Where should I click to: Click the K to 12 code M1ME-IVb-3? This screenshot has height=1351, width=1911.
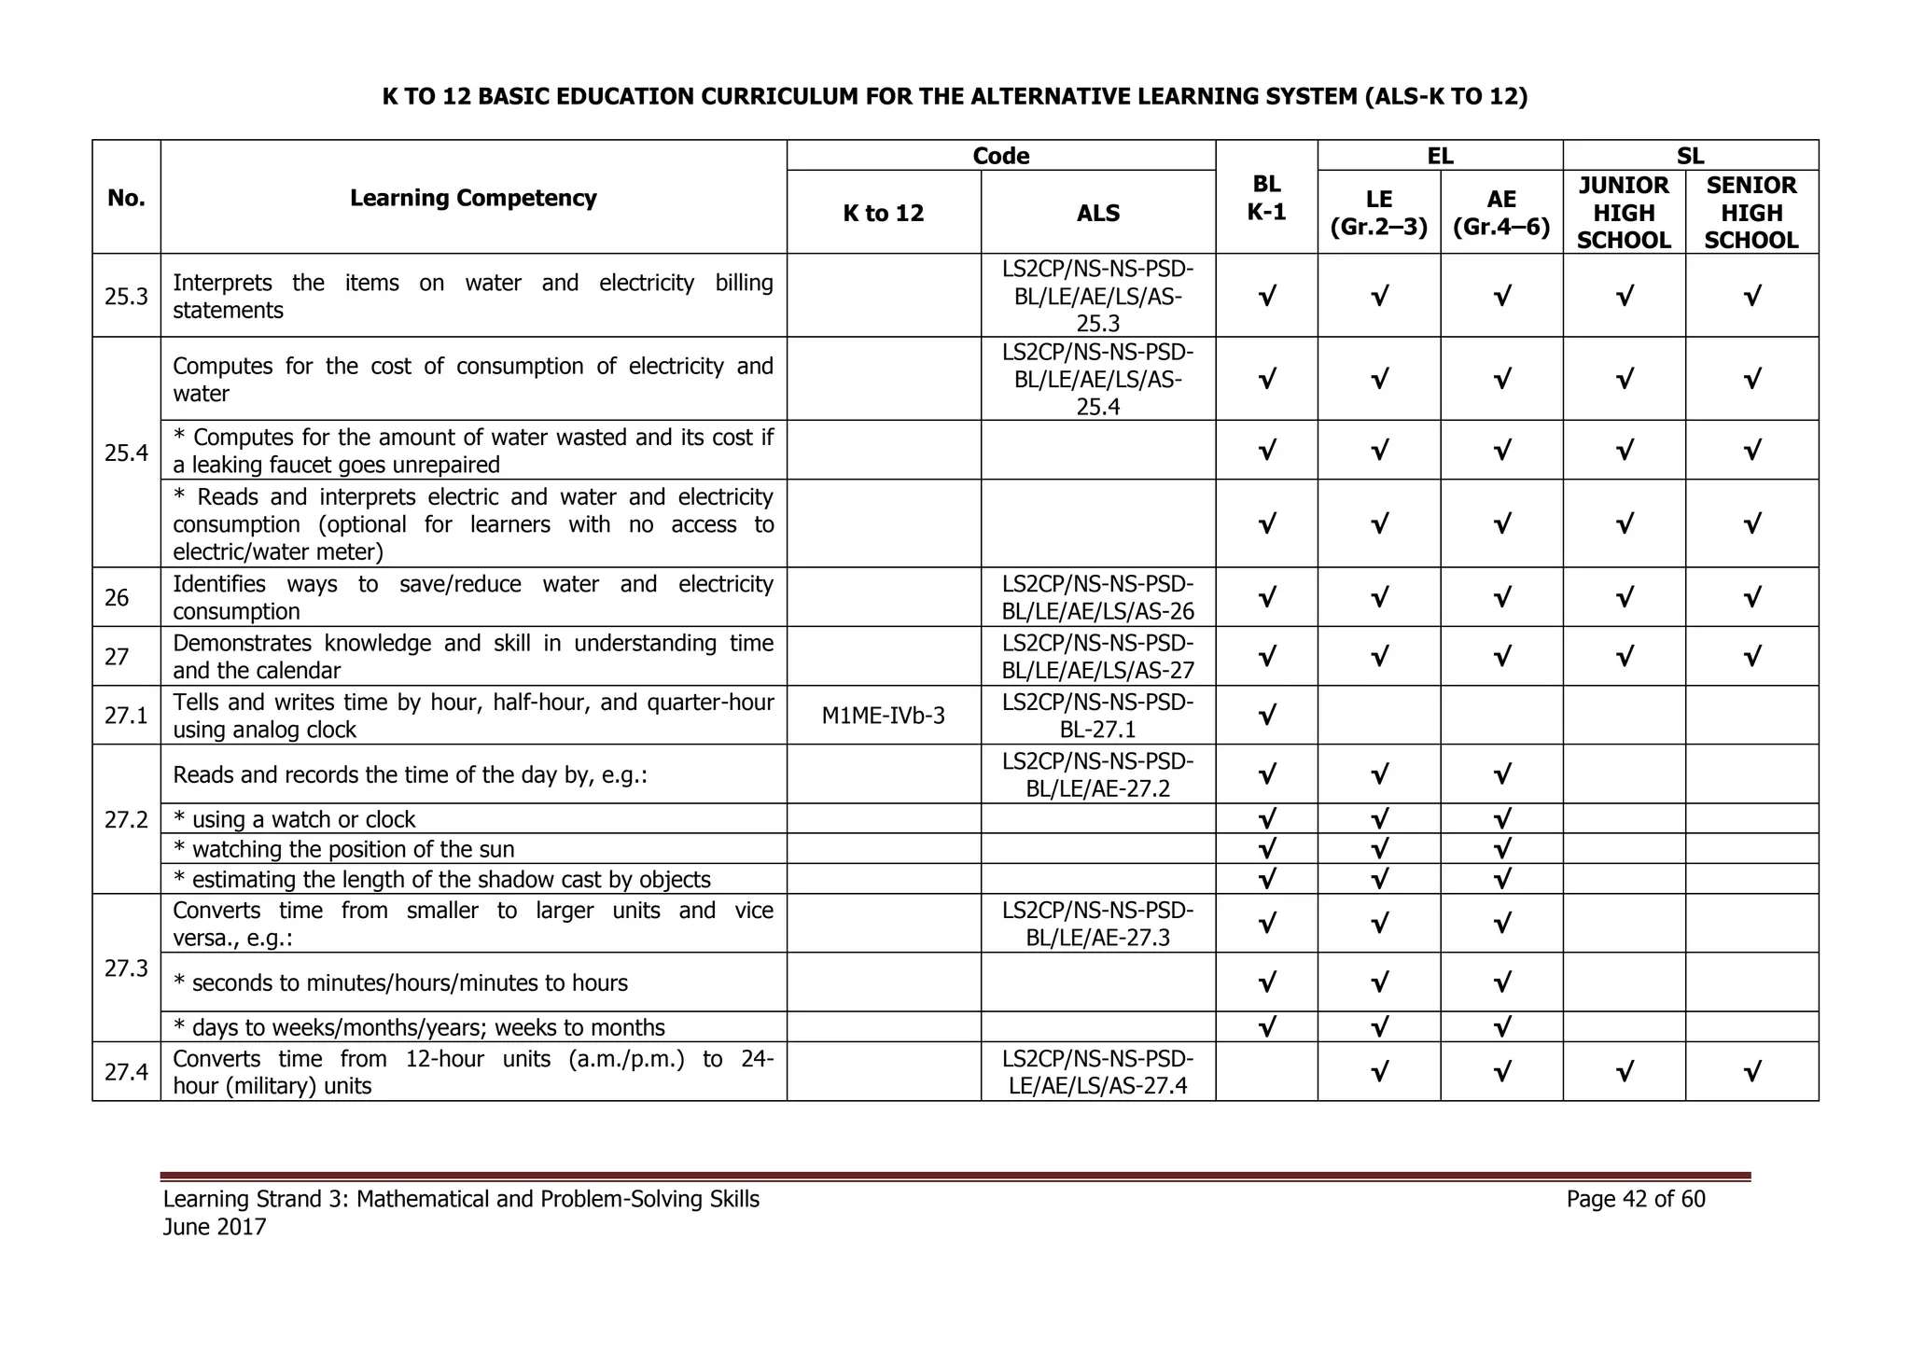click(x=883, y=716)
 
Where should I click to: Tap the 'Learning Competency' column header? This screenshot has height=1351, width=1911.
click(x=473, y=198)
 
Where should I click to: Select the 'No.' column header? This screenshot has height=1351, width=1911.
click(x=126, y=198)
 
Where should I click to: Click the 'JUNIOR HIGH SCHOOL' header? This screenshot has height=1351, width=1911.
click(x=1624, y=213)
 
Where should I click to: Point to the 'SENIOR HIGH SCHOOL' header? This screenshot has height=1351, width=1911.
click(x=1751, y=213)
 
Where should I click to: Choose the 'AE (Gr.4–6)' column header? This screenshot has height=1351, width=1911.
click(x=1501, y=213)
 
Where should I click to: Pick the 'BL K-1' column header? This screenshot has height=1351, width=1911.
click(x=1266, y=198)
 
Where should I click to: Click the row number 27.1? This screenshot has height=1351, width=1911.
click(x=126, y=716)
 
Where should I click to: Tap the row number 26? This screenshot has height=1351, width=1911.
click(x=117, y=597)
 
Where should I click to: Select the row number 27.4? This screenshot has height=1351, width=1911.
click(x=126, y=1072)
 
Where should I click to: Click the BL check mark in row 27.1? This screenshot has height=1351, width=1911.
click(x=1266, y=717)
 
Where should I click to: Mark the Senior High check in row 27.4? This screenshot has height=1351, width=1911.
click(x=1751, y=1073)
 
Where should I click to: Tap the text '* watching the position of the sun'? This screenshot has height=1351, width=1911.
click(x=344, y=849)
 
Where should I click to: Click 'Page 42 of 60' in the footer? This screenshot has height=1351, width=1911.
click(x=1636, y=1199)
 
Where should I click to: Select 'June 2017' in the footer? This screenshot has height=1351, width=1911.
click(x=215, y=1227)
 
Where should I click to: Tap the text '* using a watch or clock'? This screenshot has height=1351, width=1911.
click(x=295, y=819)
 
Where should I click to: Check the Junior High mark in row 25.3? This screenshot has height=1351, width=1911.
click(x=1624, y=297)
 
